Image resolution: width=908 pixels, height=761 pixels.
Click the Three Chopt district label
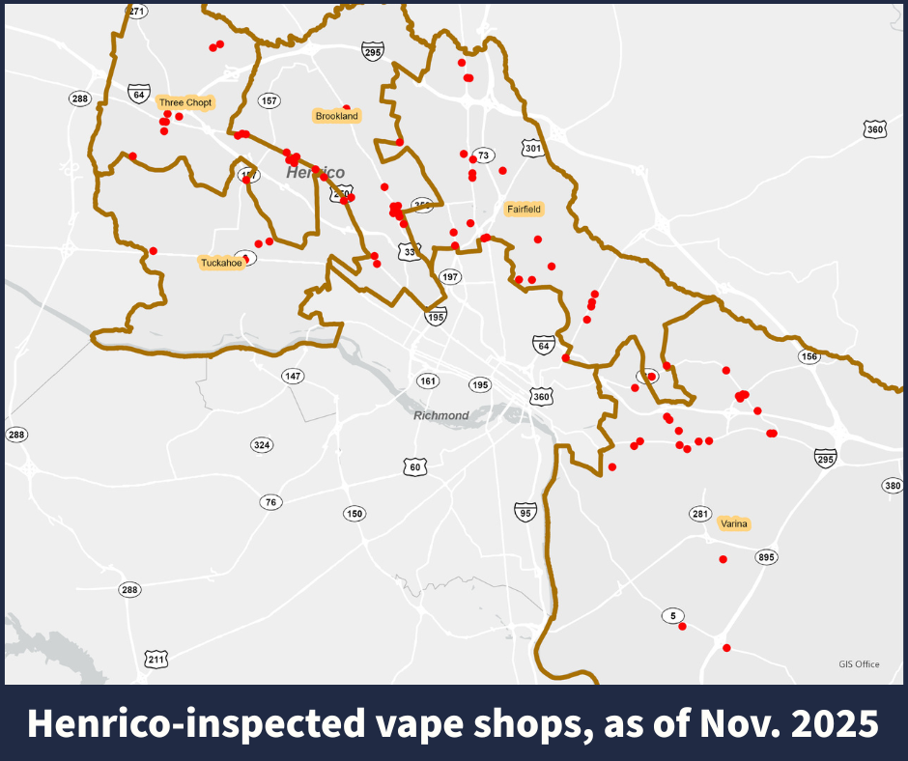(x=185, y=102)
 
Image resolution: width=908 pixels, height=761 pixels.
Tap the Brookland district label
(x=336, y=116)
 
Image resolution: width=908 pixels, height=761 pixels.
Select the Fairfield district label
(x=524, y=209)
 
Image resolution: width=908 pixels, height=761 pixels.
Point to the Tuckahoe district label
(x=220, y=263)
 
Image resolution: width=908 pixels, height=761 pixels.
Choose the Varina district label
(x=734, y=523)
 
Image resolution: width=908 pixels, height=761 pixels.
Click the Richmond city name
(x=440, y=415)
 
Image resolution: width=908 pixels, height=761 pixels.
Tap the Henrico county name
(x=315, y=172)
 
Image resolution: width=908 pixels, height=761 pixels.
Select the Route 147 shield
(x=293, y=375)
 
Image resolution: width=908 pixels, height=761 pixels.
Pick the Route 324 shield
(x=261, y=445)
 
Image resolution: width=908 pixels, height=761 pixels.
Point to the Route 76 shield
(x=270, y=502)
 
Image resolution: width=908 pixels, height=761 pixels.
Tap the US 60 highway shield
(x=414, y=467)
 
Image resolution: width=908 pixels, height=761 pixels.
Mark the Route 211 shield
(x=156, y=660)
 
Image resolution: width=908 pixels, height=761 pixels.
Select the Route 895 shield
(x=767, y=557)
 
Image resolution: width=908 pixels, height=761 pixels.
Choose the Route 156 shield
(x=809, y=356)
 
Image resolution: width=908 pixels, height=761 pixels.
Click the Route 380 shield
(x=892, y=485)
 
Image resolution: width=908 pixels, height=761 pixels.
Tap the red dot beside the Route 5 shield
(x=682, y=627)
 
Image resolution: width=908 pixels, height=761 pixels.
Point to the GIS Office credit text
(x=859, y=663)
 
